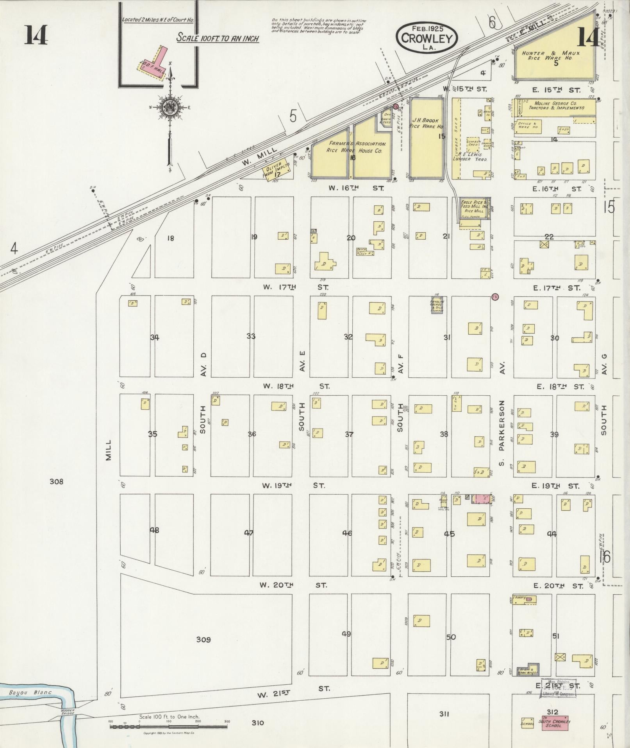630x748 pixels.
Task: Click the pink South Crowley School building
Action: [554, 724]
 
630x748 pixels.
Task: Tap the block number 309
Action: [203, 640]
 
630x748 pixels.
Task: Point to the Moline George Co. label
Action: [557, 106]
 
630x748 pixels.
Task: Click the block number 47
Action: [249, 533]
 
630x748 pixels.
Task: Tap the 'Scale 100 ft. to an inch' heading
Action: [218, 38]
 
